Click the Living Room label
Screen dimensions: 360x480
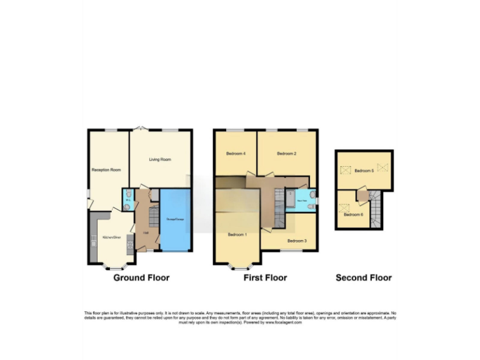pyautogui.click(x=160, y=159)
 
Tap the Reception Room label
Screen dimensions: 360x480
pyautogui.click(x=106, y=169)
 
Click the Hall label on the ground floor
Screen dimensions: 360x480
pyautogui.click(x=145, y=232)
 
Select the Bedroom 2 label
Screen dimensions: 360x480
pyautogui.click(x=286, y=153)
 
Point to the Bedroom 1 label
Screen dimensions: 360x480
pyautogui.click(x=237, y=234)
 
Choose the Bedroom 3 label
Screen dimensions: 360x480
pyautogui.click(x=296, y=240)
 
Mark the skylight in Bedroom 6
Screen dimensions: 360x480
pyautogui.click(x=342, y=205)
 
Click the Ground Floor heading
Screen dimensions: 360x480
pyautogui.click(x=141, y=277)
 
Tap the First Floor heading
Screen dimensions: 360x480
pyautogui.click(x=265, y=277)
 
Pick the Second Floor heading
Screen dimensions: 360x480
pyautogui.click(x=363, y=277)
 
